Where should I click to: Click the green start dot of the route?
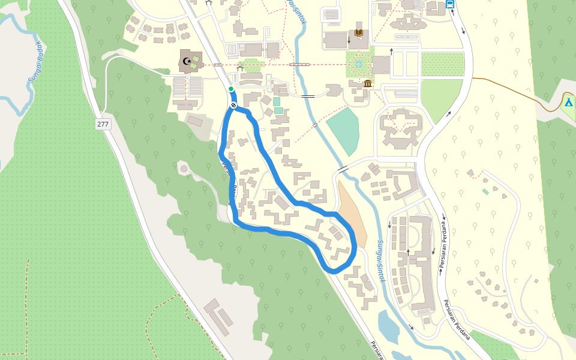(231, 89)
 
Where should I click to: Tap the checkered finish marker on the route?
(233, 106)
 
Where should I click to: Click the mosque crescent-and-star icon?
(187, 61)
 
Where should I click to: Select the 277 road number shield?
(103, 124)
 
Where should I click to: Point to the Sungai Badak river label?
(37, 65)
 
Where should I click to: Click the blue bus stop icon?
(450, 4)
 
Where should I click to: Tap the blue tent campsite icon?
(568, 101)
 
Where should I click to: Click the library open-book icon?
(359, 32)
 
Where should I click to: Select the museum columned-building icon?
(367, 83)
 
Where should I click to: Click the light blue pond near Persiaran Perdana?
(388, 327)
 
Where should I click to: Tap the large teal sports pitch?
(344, 129)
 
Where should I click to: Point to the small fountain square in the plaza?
(358, 64)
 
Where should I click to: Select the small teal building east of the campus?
(485, 191)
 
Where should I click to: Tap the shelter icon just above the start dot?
(240, 69)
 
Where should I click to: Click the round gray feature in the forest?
(184, 169)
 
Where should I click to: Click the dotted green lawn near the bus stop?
(443, 64)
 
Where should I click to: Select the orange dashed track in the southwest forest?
(27, 300)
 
